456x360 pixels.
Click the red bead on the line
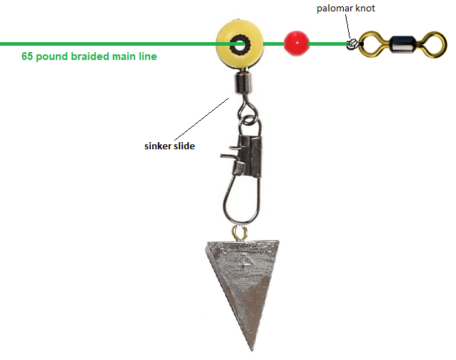[294, 43]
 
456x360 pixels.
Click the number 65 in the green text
[28, 56]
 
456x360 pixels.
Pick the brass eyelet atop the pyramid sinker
[239, 233]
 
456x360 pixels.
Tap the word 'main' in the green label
[127, 56]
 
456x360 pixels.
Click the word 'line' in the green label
[149, 56]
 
